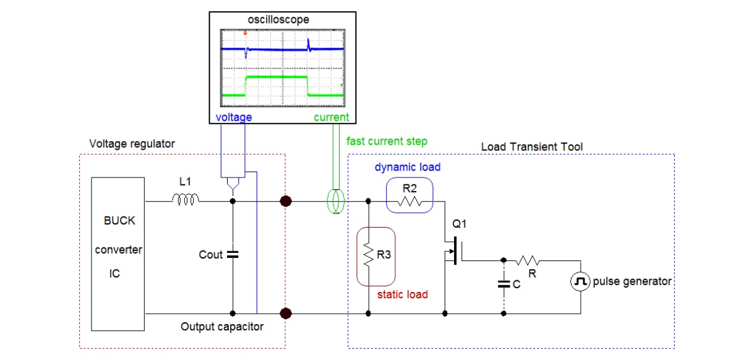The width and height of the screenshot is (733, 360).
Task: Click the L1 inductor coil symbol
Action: tap(186, 200)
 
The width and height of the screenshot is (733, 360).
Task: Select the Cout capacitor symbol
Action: tap(233, 254)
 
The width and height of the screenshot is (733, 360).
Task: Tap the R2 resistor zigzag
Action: tap(409, 201)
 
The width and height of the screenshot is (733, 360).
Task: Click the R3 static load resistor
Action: tap(368, 255)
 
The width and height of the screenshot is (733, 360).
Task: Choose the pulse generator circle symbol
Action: tap(580, 282)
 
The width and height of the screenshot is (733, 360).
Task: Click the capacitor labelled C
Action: tap(504, 285)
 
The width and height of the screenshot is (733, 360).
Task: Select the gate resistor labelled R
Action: tap(530, 261)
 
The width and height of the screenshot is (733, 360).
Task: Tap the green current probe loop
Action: tap(335, 202)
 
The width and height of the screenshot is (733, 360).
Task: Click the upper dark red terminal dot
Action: tap(286, 201)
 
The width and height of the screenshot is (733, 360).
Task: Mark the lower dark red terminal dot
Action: tap(286, 314)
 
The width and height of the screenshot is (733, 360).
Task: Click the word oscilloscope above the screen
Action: tap(278, 20)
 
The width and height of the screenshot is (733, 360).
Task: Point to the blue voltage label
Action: tap(233, 117)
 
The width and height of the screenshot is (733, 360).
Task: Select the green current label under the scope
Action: tap(331, 117)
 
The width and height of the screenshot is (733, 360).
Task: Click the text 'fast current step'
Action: tap(387, 141)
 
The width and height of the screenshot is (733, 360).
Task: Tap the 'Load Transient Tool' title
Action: tap(531, 147)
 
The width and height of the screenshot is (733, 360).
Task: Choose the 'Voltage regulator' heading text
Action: tap(132, 144)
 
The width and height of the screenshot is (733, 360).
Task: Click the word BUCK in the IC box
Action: tap(119, 220)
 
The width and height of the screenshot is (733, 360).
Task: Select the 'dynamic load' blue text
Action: tap(408, 167)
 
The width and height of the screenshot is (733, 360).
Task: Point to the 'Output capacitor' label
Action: tap(222, 326)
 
